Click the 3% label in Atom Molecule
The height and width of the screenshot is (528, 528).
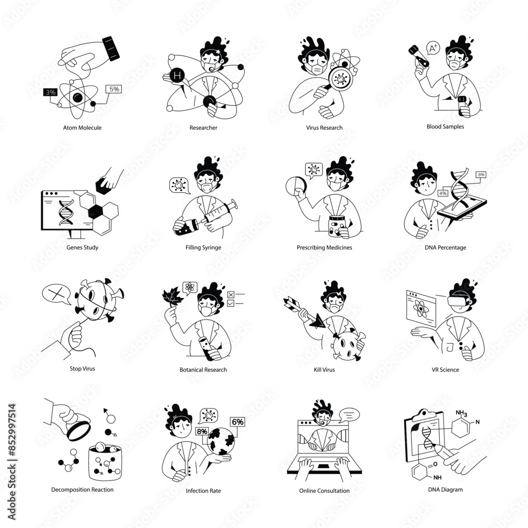coord(50,92)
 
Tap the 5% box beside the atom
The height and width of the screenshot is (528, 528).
coord(114,89)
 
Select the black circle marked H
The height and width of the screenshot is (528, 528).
coord(177,76)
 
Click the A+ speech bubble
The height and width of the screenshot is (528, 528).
coord(433,48)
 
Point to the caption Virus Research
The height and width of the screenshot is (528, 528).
coord(324,128)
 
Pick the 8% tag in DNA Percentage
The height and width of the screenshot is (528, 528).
coord(481,175)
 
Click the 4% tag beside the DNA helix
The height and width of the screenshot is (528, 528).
coord(443,193)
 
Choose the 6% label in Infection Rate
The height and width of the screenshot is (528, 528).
coord(238,422)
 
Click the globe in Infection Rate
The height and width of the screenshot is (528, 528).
coord(221,441)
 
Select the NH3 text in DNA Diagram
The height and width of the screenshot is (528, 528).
coord(461,413)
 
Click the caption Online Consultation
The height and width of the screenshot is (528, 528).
coord(324,491)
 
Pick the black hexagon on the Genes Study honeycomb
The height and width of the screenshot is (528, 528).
coord(95,211)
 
